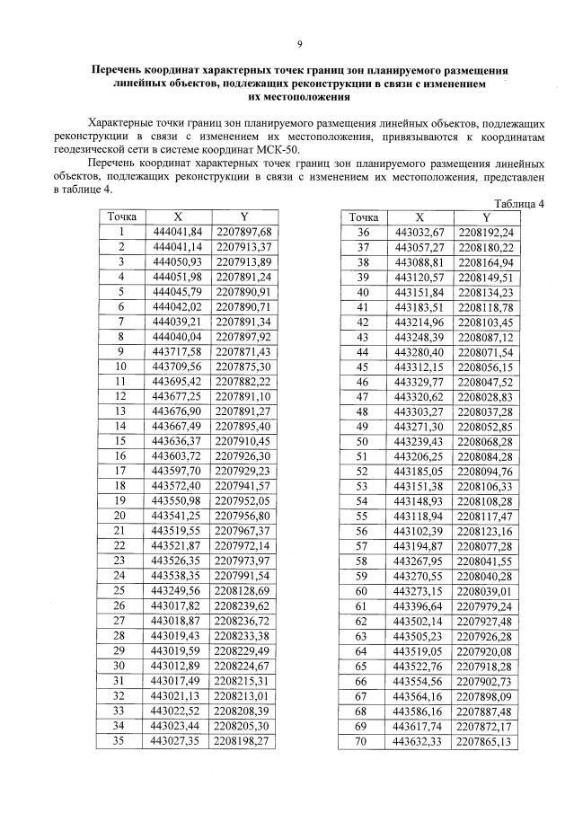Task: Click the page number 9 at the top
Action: pyautogui.click(x=300, y=42)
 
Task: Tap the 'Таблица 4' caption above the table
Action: pyautogui.click(x=520, y=203)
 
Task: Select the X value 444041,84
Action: pyautogui.click(x=177, y=233)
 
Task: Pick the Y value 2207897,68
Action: pyautogui.click(x=243, y=233)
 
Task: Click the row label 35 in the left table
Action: pyautogui.click(x=119, y=742)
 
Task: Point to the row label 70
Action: pyautogui.click(x=363, y=742)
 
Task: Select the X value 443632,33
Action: pyautogui.click(x=419, y=742)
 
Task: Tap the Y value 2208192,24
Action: pyautogui.click(x=485, y=233)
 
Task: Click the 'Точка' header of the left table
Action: pyautogui.click(x=120, y=217)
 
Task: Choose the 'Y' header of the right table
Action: pyautogui.click(x=486, y=217)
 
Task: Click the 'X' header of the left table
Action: pyautogui.click(x=177, y=217)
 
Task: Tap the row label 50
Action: pyautogui.click(x=363, y=442)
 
